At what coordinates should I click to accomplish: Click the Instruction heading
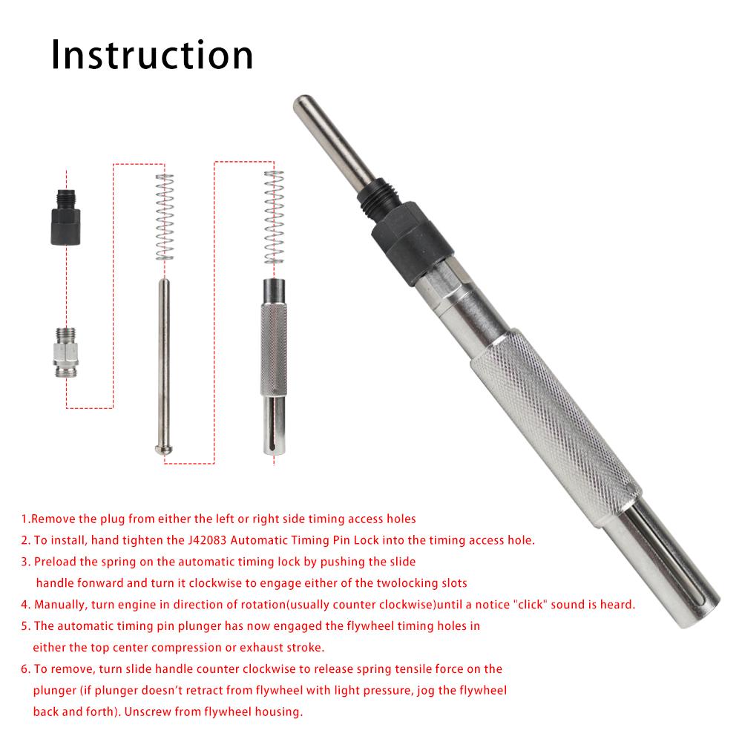point(152,55)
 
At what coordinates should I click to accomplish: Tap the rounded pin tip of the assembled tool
point(304,104)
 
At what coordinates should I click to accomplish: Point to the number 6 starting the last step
point(24,669)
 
